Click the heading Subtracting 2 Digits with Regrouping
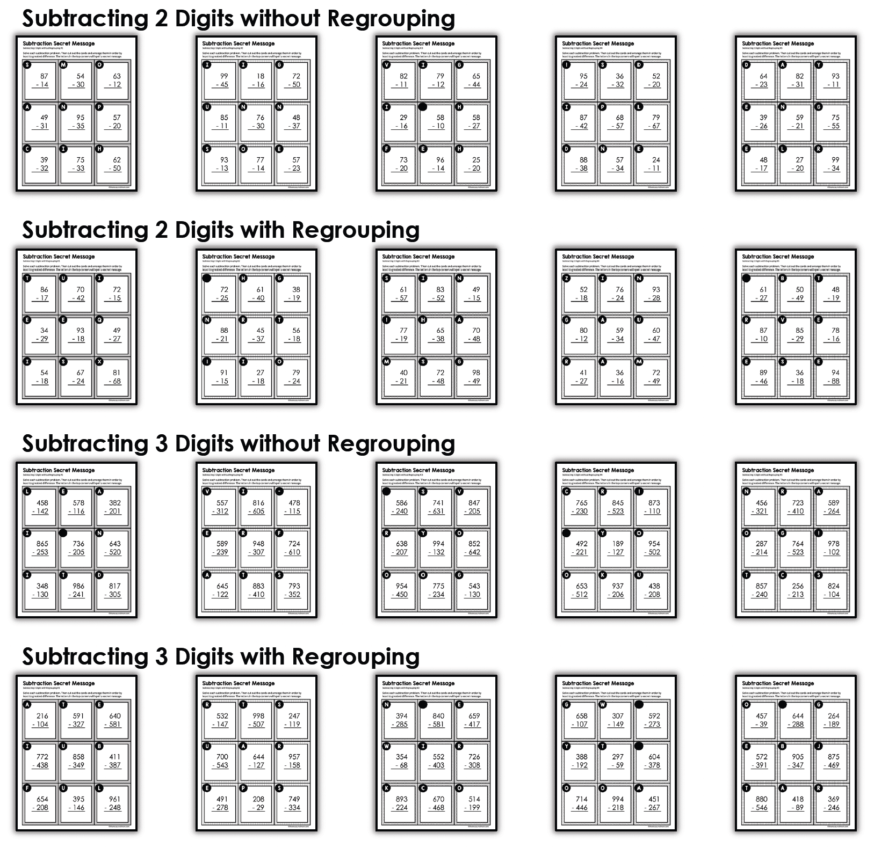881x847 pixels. click(221, 230)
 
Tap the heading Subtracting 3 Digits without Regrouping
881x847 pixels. click(239, 443)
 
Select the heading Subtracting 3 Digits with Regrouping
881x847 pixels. click(221, 656)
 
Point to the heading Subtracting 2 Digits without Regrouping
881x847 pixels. click(239, 18)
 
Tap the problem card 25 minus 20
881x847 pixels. click(473, 164)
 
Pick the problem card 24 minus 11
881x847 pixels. click(653, 164)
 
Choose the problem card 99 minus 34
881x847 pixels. click(832, 164)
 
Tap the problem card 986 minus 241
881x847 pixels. click(77, 590)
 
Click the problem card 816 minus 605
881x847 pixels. click(257, 507)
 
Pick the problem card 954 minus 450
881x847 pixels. click(400, 590)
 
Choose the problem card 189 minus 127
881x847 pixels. click(616, 548)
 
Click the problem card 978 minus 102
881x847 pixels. click(832, 548)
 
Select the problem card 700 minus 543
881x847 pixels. click(220, 761)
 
